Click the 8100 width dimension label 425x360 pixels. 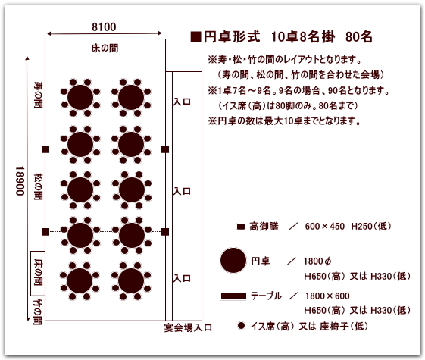(104, 27)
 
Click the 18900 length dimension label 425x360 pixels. (20, 181)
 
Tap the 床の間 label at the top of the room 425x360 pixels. (105, 48)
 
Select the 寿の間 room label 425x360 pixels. (38, 95)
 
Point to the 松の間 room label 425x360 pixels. (38, 186)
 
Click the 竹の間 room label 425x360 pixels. (38, 311)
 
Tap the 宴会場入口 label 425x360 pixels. (188, 327)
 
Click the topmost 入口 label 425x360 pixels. (182, 102)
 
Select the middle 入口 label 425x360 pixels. (182, 192)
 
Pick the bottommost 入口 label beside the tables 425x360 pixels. (182, 278)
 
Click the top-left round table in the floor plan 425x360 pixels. (80, 98)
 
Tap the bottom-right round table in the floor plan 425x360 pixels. (131, 280)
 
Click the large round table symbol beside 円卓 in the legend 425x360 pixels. (233, 260)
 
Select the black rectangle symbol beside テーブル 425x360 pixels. (233, 296)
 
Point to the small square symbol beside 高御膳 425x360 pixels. (241, 227)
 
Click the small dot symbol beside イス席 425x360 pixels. (241, 325)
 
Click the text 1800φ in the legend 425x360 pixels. (317, 261)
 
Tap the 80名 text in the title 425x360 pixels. (359, 37)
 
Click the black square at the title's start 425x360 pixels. (195, 37)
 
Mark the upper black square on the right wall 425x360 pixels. (165, 149)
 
